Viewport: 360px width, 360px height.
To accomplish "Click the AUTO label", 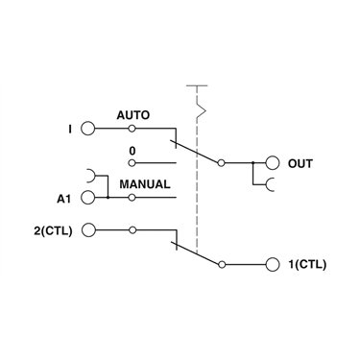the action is [133, 115].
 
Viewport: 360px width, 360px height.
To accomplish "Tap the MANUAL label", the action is [145, 184].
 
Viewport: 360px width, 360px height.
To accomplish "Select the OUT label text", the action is [300, 163].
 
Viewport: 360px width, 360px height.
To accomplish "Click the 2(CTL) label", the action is [53, 230].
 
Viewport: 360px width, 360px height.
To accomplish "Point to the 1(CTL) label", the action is [307, 265].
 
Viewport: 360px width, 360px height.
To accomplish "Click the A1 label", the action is [63, 199].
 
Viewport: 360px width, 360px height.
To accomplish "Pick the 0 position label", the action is [132, 151].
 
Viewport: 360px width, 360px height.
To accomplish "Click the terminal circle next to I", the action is [88, 129].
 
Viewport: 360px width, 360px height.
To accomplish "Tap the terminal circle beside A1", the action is [88, 198].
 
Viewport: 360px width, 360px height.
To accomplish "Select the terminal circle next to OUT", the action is [273, 163].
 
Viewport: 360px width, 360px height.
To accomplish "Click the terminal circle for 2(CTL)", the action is [88, 230].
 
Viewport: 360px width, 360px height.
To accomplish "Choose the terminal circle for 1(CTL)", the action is [273, 265].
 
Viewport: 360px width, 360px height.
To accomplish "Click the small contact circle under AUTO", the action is [132, 129].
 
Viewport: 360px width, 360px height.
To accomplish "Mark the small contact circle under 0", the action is [132, 163].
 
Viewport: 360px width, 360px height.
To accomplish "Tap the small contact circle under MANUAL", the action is [132, 198].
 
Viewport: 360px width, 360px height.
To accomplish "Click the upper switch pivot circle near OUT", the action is [221, 163].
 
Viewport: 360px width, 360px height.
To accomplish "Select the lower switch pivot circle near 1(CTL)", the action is [222, 265].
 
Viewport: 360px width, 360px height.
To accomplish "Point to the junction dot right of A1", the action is [108, 198].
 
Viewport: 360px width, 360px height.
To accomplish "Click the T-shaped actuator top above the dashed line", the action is [197, 85].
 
